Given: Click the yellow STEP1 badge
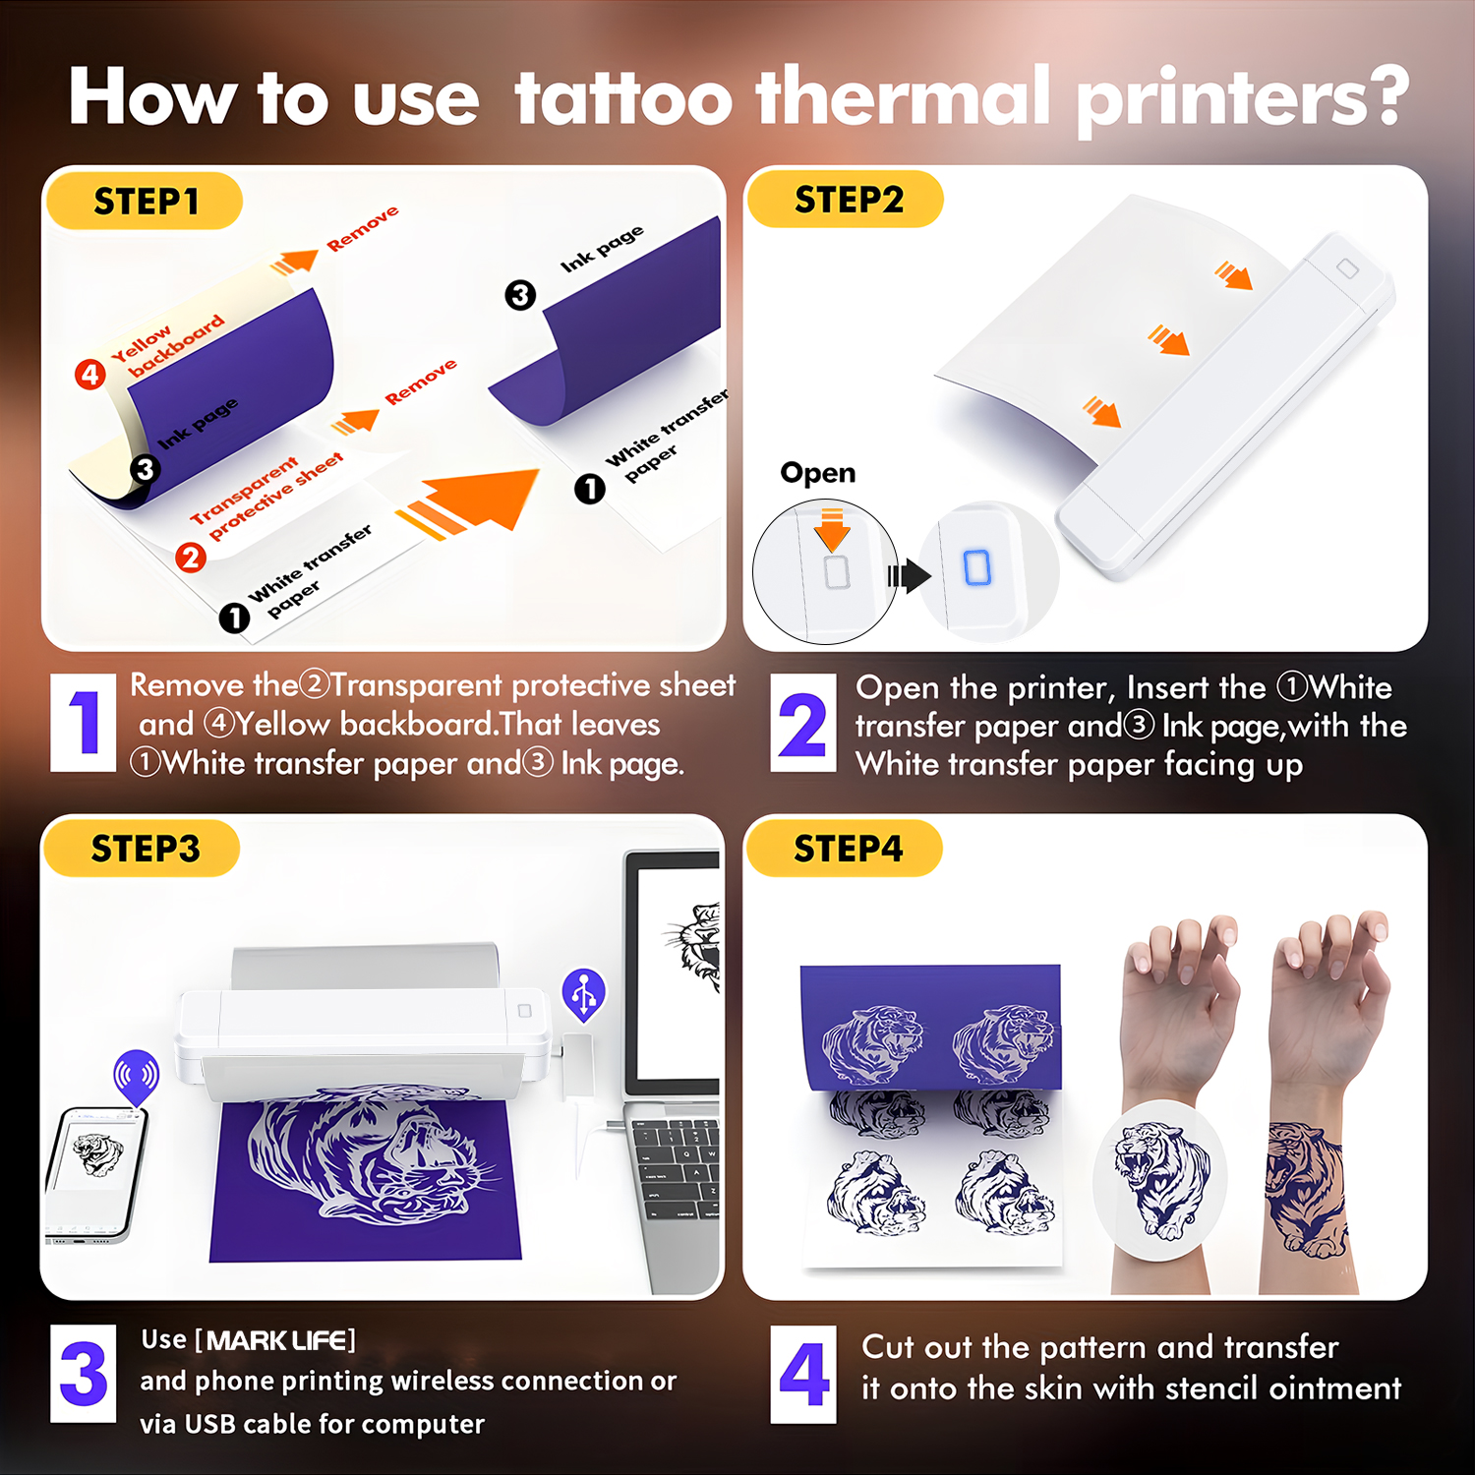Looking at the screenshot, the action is pyautogui.click(x=145, y=201).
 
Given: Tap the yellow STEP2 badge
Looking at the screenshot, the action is pyautogui.click(x=846, y=200).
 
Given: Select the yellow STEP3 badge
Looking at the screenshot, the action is pyautogui.click(x=143, y=848).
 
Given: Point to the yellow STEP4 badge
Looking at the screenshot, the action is pyautogui.click(x=845, y=848).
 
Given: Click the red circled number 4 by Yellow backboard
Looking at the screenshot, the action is pyautogui.click(x=90, y=375).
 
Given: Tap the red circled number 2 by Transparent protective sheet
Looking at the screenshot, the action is pyautogui.click(x=191, y=558).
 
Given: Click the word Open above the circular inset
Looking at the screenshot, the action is pyautogui.click(x=817, y=473).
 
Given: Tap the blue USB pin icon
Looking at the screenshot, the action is pyautogui.click(x=584, y=995).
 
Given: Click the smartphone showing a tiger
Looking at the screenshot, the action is pyautogui.click(x=95, y=1175).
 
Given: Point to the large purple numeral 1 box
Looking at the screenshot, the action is pyautogui.click(x=84, y=723).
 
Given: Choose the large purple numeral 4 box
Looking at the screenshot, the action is pyautogui.click(x=803, y=1374).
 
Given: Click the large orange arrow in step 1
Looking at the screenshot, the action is pyautogui.click(x=469, y=503).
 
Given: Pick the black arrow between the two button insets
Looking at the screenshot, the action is pyautogui.click(x=909, y=575).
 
